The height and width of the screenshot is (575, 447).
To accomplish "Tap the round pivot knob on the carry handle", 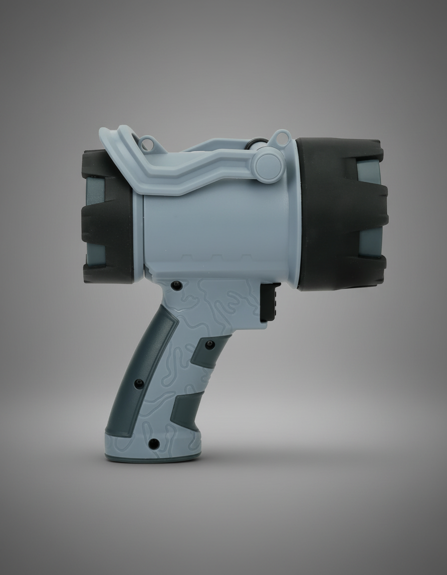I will pyautogui.click(x=268, y=165).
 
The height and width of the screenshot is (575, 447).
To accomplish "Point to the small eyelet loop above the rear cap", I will pyautogui.click(x=147, y=145).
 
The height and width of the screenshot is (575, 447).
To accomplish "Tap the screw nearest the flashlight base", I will pyautogui.click(x=155, y=443).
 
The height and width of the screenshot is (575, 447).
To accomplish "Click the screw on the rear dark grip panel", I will pyautogui.click(x=139, y=383).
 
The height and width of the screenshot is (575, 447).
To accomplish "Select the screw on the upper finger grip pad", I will pyautogui.click(x=210, y=345).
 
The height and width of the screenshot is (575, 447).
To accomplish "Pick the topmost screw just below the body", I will pyautogui.click(x=177, y=286).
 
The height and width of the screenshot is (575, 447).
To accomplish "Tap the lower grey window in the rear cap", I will pyautogui.click(x=95, y=255).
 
